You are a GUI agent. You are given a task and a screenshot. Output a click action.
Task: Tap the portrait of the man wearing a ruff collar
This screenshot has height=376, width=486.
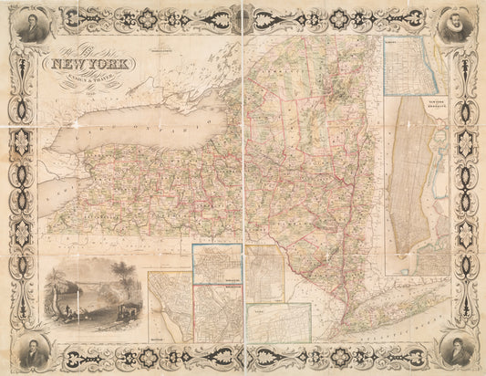click(x=453, y=28)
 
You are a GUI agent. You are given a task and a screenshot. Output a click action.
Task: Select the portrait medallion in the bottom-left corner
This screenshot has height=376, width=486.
click(x=34, y=348)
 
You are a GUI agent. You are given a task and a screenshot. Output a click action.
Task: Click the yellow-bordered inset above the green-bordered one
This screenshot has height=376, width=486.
click(x=265, y=274)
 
